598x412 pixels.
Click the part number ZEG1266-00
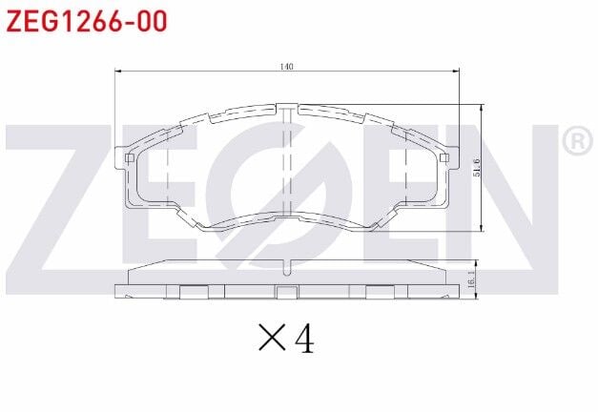coord(79,21)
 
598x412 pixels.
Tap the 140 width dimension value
coord(286,67)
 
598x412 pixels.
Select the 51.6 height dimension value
coord(478,167)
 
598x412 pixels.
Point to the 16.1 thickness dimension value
coord(472,279)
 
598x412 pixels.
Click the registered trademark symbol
coord(576,142)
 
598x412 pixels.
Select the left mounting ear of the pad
coord(122,158)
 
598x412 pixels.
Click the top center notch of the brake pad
coord(287,110)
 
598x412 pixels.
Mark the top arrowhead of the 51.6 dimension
coord(483,107)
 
